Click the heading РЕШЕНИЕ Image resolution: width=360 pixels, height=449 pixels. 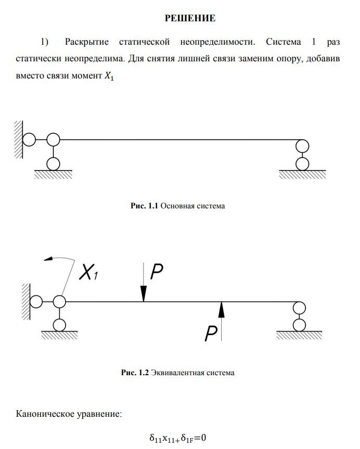190,19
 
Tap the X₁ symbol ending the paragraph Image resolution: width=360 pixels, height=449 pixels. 108,76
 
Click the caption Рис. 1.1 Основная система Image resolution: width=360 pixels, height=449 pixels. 177,206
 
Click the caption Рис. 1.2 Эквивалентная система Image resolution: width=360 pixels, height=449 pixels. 177,373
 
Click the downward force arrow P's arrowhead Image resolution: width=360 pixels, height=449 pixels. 144,296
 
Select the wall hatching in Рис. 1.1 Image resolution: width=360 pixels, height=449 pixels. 19,140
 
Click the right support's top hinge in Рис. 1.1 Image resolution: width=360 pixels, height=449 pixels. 301,146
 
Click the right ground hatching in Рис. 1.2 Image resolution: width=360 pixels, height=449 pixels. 299,336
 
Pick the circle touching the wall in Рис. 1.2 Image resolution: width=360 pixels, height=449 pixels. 36,301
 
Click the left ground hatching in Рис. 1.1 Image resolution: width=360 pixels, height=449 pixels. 53,174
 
